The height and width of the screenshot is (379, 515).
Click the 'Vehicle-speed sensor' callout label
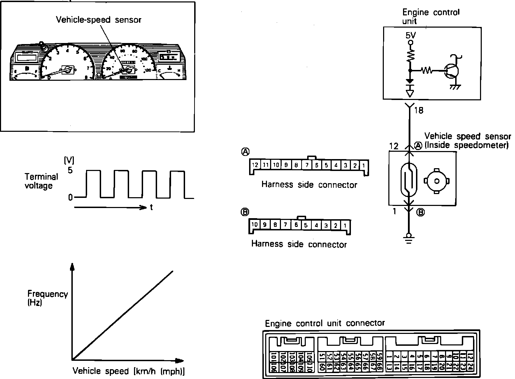coord(99,20)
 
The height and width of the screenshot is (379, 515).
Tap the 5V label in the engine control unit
coord(411,36)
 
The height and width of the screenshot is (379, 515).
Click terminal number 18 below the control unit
coord(418,110)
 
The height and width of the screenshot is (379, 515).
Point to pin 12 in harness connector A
coord(255,165)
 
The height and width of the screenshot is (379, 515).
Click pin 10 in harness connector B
coord(255,225)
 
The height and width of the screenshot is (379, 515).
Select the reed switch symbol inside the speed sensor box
coord(409,181)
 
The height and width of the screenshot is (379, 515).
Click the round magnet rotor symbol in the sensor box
coord(436,181)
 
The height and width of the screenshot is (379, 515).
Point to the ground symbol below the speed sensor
coord(408,238)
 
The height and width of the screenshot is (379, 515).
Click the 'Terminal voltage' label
coord(41,181)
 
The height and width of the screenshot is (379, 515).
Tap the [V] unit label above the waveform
coord(69,160)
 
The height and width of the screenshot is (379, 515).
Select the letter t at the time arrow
coord(151,207)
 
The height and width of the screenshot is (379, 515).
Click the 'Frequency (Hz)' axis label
coord(48,298)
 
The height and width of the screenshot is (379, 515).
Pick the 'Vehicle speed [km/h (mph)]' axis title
coord(128,371)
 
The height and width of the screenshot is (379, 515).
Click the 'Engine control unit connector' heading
coord(325,323)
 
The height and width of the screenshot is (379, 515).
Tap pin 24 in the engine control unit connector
coord(470,367)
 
